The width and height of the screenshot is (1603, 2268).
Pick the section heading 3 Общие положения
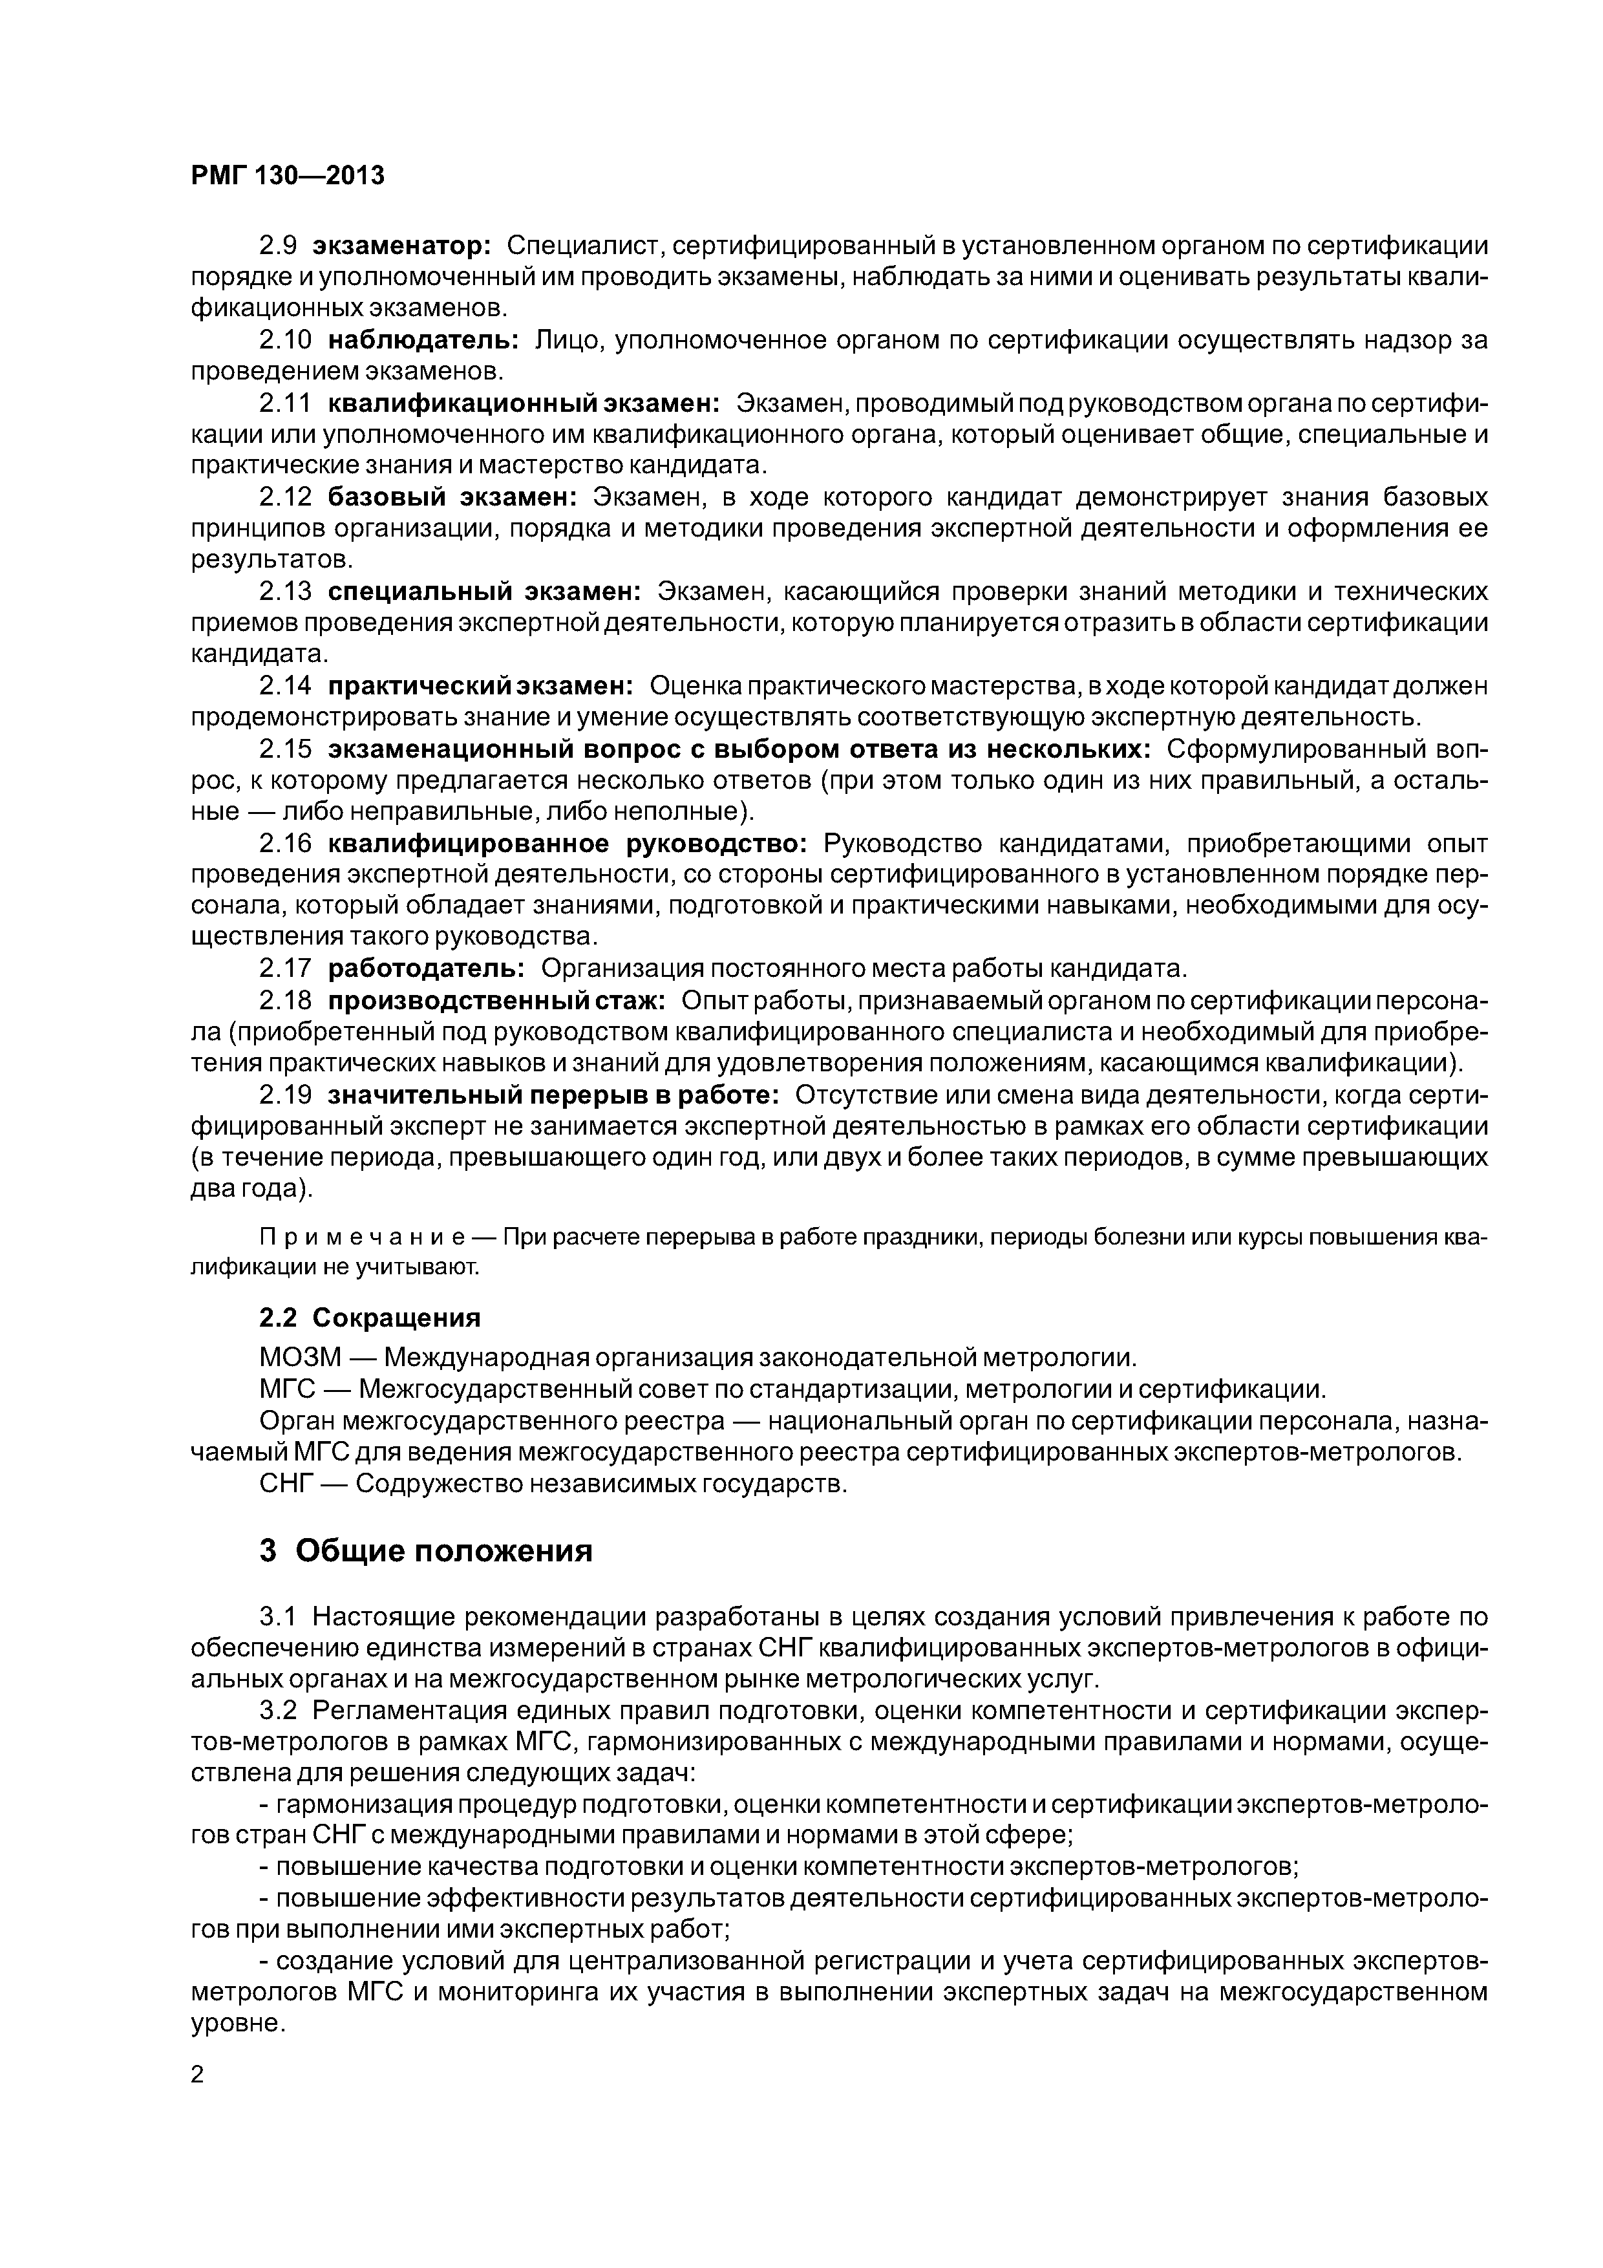(x=426, y=1551)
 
